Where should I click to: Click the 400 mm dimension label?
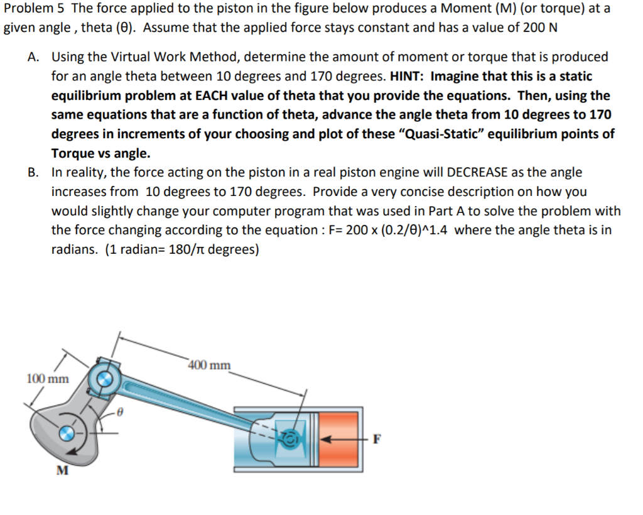point(210,365)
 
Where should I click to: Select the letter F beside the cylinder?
point(377,439)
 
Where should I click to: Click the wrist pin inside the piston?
point(291,437)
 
